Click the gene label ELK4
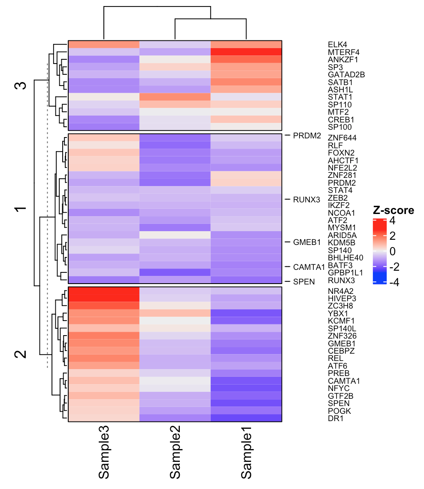tap(337, 44)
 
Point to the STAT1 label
tap(339, 97)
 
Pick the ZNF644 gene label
tap(342, 138)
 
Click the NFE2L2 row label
tap(342, 168)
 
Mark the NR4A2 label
tap(339, 290)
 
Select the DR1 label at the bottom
tap(336, 418)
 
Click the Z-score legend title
tap(393, 211)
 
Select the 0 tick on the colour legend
tap(392, 251)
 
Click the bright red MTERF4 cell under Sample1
tap(246, 52)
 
